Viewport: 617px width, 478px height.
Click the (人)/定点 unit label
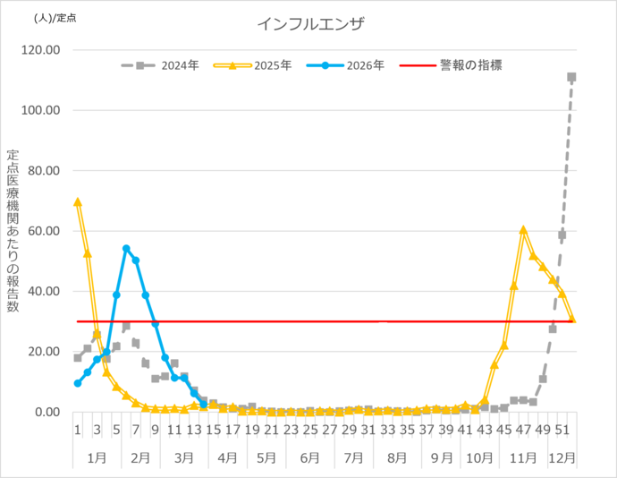(x=55, y=17)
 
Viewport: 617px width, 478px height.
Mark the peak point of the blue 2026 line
(x=126, y=248)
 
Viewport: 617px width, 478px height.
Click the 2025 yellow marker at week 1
(x=78, y=201)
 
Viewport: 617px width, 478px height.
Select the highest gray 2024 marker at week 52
(x=571, y=77)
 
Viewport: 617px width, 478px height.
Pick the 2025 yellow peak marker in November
(x=523, y=230)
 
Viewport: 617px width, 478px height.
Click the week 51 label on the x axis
(x=562, y=430)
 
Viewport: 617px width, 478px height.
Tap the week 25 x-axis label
(x=310, y=430)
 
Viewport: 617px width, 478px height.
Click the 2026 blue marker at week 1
(x=78, y=383)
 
